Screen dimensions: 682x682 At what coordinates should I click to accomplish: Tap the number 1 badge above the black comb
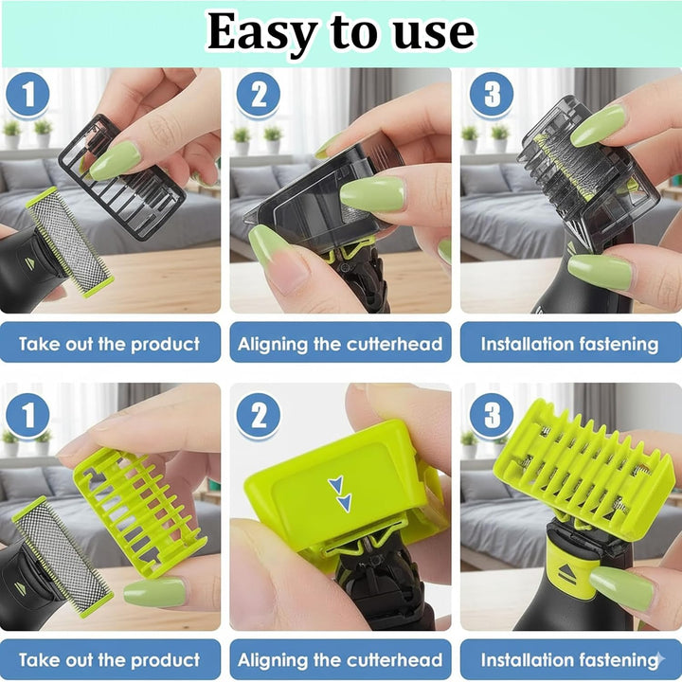pyautogui.click(x=27, y=96)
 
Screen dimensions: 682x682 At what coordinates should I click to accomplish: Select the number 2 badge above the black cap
pyautogui.click(x=257, y=96)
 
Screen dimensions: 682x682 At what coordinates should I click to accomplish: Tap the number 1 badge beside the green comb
pyautogui.click(x=27, y=414)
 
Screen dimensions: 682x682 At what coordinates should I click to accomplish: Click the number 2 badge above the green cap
pyautogui.click(x=257, y=414)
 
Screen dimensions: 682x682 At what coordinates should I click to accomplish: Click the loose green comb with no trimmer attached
pyautogui.click(x=140, y=511)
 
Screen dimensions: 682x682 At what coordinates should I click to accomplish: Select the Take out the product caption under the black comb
pyautogui.click(x=110, y=343)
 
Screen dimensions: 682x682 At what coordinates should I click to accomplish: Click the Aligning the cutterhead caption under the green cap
pyautogui.click(x=340, y=660)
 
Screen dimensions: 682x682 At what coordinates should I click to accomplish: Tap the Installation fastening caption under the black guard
pyautogui.click(x=569, y=343)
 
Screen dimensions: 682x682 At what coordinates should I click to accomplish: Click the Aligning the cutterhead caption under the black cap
pyautogui.click(x=340, y=343)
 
